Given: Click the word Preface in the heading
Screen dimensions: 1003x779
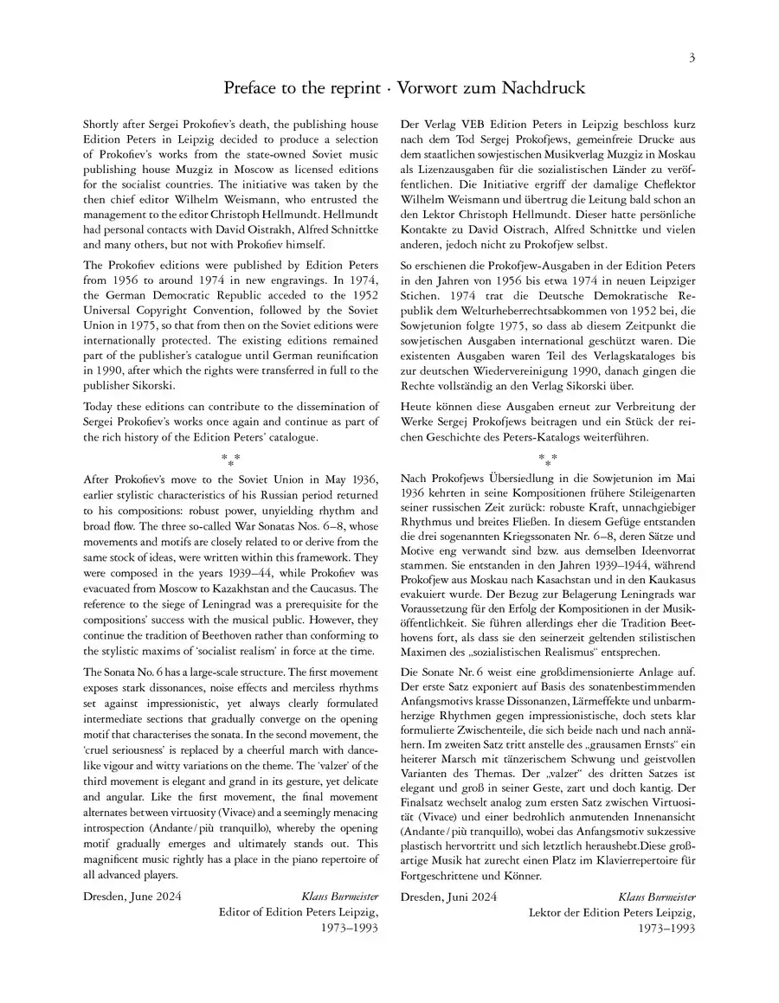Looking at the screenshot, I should coord(252,88).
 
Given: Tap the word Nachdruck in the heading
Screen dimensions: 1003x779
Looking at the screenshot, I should coord(544,88).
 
